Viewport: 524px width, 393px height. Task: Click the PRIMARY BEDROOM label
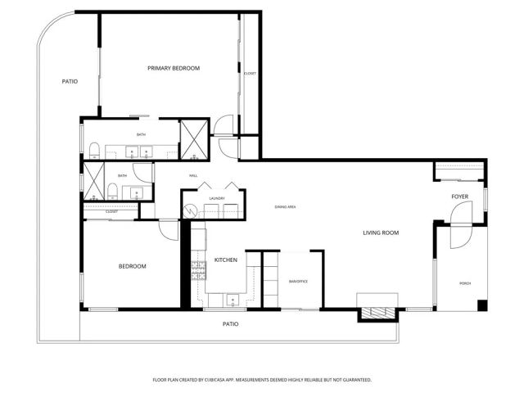click(174, 68)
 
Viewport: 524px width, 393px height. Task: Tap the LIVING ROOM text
click(381, 233)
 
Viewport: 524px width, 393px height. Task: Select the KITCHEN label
click(226, 260)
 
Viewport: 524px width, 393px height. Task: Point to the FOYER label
click(460, 197)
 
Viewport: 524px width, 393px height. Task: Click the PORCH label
click(464, 283)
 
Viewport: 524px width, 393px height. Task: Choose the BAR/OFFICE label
click(297, 281)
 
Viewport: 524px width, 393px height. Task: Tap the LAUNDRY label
click(217, 198)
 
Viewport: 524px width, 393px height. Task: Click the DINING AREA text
click(285, 207)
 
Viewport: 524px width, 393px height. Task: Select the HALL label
click(194, 176)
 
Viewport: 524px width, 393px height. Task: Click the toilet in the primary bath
click(94, 150)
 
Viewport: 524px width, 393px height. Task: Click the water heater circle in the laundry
click(190, 210)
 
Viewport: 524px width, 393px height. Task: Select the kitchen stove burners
click(197, 270)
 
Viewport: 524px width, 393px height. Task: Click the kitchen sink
click(234, 300)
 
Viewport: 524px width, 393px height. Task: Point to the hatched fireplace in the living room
click(377, 312)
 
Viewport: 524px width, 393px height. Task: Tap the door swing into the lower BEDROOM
click(169, 230)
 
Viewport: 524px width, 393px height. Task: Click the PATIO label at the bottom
click(231, 324)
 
